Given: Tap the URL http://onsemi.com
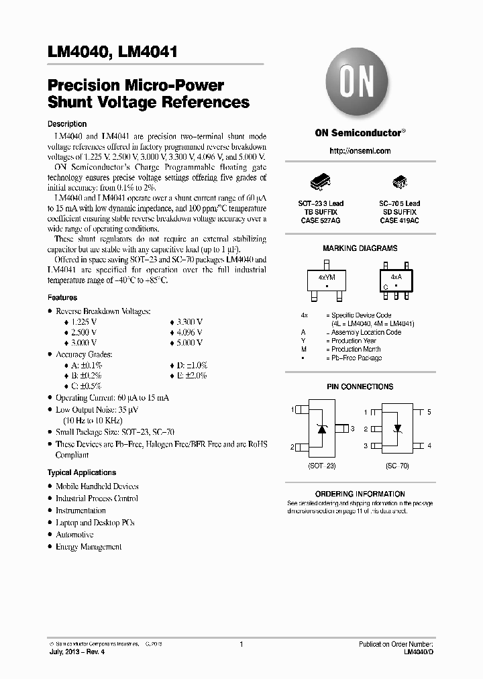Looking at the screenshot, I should coord(360,151).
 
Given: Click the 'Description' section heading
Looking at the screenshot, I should coord(67,124).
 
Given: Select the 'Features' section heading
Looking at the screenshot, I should coord(62,297).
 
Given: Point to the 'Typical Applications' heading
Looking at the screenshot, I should coord(82,472).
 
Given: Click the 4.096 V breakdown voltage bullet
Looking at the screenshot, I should coord(189,333).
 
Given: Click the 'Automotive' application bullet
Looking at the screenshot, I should coord(74,535).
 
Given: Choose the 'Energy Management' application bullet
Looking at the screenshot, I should coord(89,547).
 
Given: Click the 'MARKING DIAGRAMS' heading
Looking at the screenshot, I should coord(360,248).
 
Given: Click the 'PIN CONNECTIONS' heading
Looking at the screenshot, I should coord(360,387).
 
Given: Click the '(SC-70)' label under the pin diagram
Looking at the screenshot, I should coord(397,465).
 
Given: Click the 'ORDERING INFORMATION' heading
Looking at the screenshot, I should coord(360,494).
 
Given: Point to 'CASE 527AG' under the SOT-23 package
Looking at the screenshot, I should coord(321,220).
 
